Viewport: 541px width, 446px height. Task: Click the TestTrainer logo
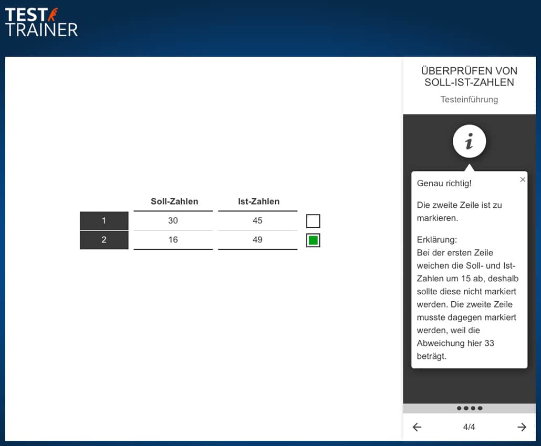coord(41,23)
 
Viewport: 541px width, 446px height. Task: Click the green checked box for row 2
coord(313,240)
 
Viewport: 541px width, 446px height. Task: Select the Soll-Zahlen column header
coord(174,201)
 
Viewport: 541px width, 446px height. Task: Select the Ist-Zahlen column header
coord(259,201)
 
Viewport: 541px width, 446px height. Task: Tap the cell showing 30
coord(173,220)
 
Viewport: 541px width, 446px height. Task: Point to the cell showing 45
coord(257,220)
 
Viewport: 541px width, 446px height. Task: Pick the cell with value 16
coord(173,240)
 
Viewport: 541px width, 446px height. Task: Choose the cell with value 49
coord(257,240)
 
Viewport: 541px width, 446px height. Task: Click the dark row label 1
coord(104,220)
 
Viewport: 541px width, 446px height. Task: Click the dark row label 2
coord(104,240)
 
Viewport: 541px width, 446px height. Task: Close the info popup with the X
coord(523,179)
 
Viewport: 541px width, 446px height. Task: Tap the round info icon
coord(469,141)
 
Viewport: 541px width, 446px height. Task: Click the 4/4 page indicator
coord(469,427)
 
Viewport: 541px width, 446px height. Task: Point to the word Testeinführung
coord(469,100)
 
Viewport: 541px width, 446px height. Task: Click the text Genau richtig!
coord(444,183)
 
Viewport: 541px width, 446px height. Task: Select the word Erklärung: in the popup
coord(437,240)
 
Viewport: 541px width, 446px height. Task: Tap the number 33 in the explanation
coord(489,343)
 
